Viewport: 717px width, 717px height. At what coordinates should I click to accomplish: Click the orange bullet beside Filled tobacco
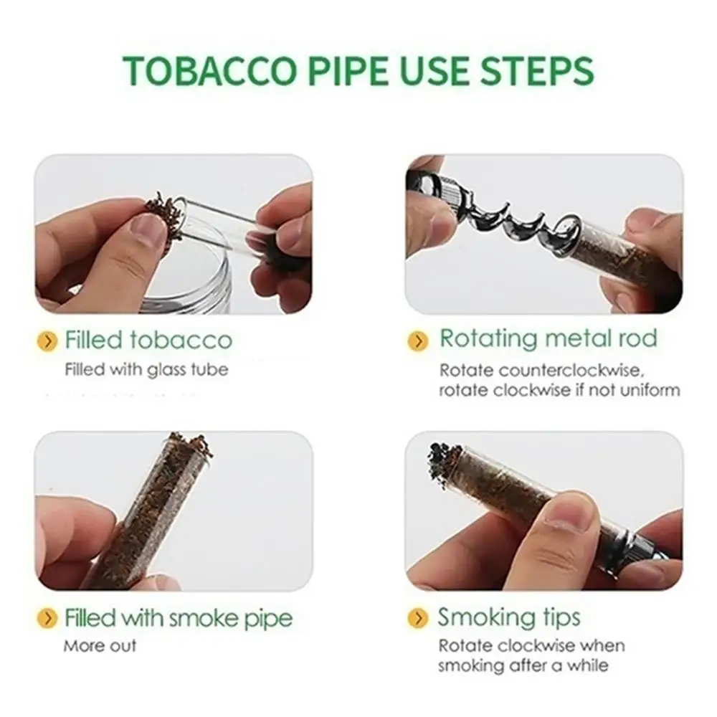click(48, 341)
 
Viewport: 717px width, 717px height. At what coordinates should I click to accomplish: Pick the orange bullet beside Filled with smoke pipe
click(48, 618)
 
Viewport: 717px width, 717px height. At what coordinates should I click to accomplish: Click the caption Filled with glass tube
click(146, 370)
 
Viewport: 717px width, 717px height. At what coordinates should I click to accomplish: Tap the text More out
click(100, 646)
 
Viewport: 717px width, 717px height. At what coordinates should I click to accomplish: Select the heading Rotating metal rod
click(549, 338)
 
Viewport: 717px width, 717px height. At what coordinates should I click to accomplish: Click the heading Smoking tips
click(509, 617)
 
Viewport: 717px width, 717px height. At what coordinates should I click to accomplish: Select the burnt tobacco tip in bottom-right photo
click(445, 457)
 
